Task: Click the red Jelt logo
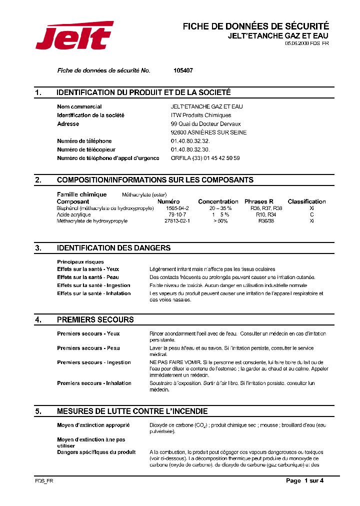pyautogui.click(x=74, y=35)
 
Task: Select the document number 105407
pyautogui.click(x=182, y=70)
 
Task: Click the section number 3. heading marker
pyautogui.click(x=38, y=248)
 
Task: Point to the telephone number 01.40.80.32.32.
pyautogui.click(x=190, y=141)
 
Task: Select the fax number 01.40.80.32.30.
pyautogui.click(x=190, y=149)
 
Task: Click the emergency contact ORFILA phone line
pyautogui.click(x=205, y=158)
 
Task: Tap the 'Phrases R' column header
pyautogui.click(x=258, y=201)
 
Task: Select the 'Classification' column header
pyautogui.click(x=306, y=201)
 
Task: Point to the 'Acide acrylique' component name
pyautogui.click(x=74, y=214)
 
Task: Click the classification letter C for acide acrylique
pyautogui.click(x=311, y=214)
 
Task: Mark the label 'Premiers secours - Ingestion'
pyautogui.click(x=94, y=362)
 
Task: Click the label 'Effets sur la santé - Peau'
pyautogui.click(x=88, y=277)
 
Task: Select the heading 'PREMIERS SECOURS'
pyautogui.click(x=95, y=319)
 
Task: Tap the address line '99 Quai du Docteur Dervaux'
pyautogui.click(x=205, y=123)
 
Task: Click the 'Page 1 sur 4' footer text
pyautogui.click(x=304, y=480)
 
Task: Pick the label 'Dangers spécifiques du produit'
pyautogui.click(x=96, y=452)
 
